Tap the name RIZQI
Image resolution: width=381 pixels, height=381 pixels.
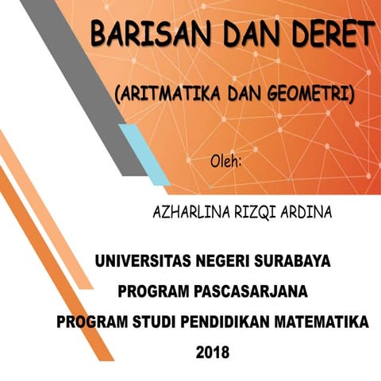[260, 214]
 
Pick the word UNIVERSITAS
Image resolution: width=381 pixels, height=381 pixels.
[142, 260]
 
